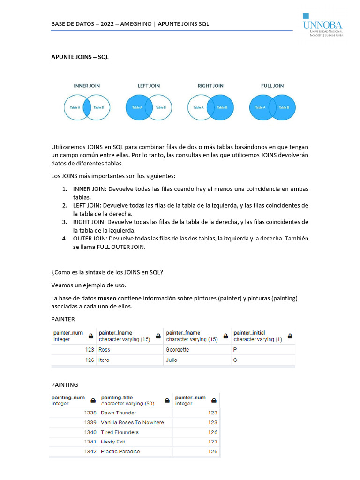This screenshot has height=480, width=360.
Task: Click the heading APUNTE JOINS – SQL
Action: [x=80, y=57]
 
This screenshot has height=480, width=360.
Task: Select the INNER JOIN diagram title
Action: [x=87, y=86]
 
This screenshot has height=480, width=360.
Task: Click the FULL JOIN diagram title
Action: [x=272, y=86]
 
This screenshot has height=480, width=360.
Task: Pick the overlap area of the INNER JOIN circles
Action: [x=87, y=107]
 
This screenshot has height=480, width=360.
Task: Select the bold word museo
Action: [x=107, y=299]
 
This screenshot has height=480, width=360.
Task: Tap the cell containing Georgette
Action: [x=178, y=350]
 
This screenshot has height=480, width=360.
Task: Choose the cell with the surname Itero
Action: [x=104, y=360]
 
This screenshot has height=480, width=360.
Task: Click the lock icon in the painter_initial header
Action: [x=290, y=336]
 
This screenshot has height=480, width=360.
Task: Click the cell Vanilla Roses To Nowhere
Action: [x=132, y=422]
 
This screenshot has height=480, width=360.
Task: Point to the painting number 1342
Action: [x=90, y=451]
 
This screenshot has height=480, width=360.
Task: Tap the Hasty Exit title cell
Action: [x=113, y=442]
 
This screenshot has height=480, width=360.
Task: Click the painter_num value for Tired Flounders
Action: [x=212, y=432]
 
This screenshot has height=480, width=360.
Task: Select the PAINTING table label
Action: [x=65, y=385]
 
